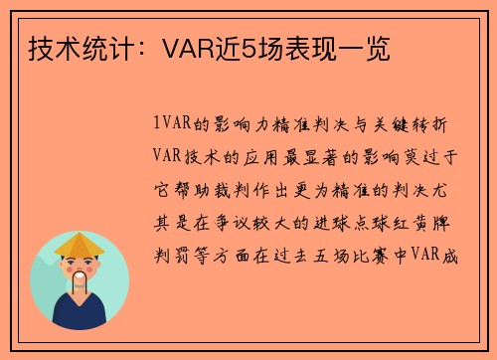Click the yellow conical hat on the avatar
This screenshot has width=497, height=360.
[x=80, y=243]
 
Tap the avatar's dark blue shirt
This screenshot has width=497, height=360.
[x=80, y=314]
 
